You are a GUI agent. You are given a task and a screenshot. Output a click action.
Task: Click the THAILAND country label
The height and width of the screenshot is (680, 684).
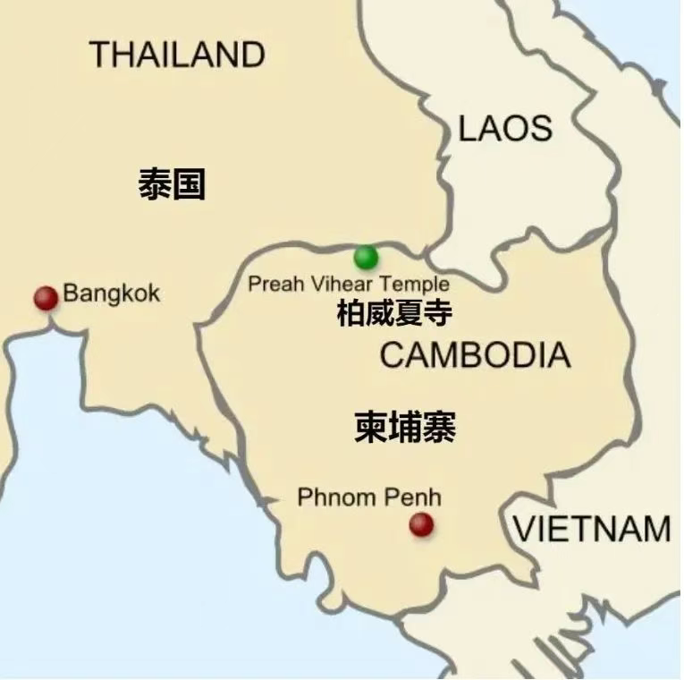pyautogui.click(x=177, y=55)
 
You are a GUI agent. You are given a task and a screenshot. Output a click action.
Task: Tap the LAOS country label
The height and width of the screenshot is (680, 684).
pyautogui.click(x=505, y=129)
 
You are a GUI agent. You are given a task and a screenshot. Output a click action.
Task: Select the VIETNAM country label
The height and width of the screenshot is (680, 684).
pyautogui.click(x=592, y=529)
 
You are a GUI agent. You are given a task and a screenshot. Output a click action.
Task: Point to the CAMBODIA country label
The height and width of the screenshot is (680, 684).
pyautogui.click(x=475, y=355)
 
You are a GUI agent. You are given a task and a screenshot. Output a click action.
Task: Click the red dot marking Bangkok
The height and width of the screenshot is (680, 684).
pyautogui.click(x=46, y=297)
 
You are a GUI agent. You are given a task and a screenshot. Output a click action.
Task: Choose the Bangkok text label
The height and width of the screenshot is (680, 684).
pyautogui.click(x=112, y=294)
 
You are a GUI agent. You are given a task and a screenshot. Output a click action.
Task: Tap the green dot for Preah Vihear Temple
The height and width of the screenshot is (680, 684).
pyautogui.click(x=366, y=258)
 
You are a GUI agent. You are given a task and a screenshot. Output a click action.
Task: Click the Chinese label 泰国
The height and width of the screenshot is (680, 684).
pyautogui.click(x=172, y=185)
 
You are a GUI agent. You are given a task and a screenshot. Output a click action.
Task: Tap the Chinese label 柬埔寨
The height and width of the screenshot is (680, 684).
pyautogui.click(x=405, y=428)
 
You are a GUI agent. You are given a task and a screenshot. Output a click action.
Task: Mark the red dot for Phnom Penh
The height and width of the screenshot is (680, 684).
pyautogui.click(x=421, y=525)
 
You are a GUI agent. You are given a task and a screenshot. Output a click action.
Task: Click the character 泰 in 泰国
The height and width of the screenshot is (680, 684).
pyautogui.click(x=155, y=185)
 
